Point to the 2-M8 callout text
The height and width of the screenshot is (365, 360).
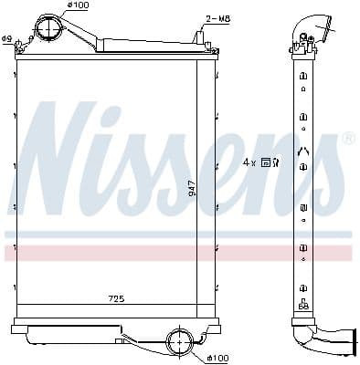click(217, 17)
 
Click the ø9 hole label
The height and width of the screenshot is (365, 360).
click(6, 38)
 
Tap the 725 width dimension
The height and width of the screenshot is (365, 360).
click(115, 299)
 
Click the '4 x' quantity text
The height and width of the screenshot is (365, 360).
click(249, 162)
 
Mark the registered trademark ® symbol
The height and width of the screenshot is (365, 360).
click(347, 139)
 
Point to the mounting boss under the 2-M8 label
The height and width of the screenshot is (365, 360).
click(198, 36)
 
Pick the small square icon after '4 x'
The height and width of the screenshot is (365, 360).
click(265, 162)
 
